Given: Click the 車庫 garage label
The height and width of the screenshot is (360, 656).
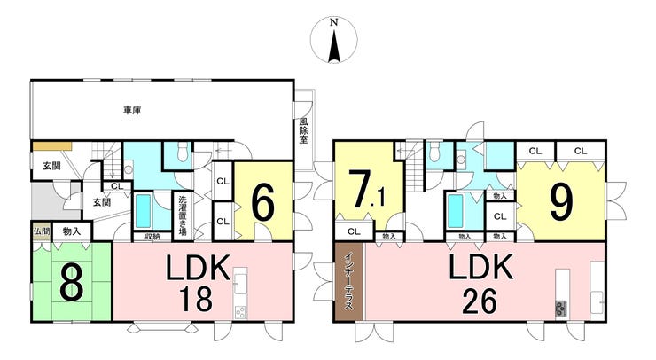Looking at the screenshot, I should click(x=133, y=111).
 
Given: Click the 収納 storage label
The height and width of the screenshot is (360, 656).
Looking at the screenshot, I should click(x=152, y=236).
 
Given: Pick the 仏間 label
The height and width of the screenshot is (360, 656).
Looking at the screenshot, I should click(x=41, y=231).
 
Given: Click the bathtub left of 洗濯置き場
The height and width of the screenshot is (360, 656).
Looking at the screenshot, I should click(x=144, y=213).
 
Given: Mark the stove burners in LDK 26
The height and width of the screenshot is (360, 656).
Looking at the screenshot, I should click(x=562, y=308).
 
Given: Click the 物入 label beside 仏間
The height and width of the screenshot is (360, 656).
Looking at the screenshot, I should click(x=71, y=231).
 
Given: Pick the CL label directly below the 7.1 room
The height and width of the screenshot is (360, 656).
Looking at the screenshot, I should click(x=353, y=232).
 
